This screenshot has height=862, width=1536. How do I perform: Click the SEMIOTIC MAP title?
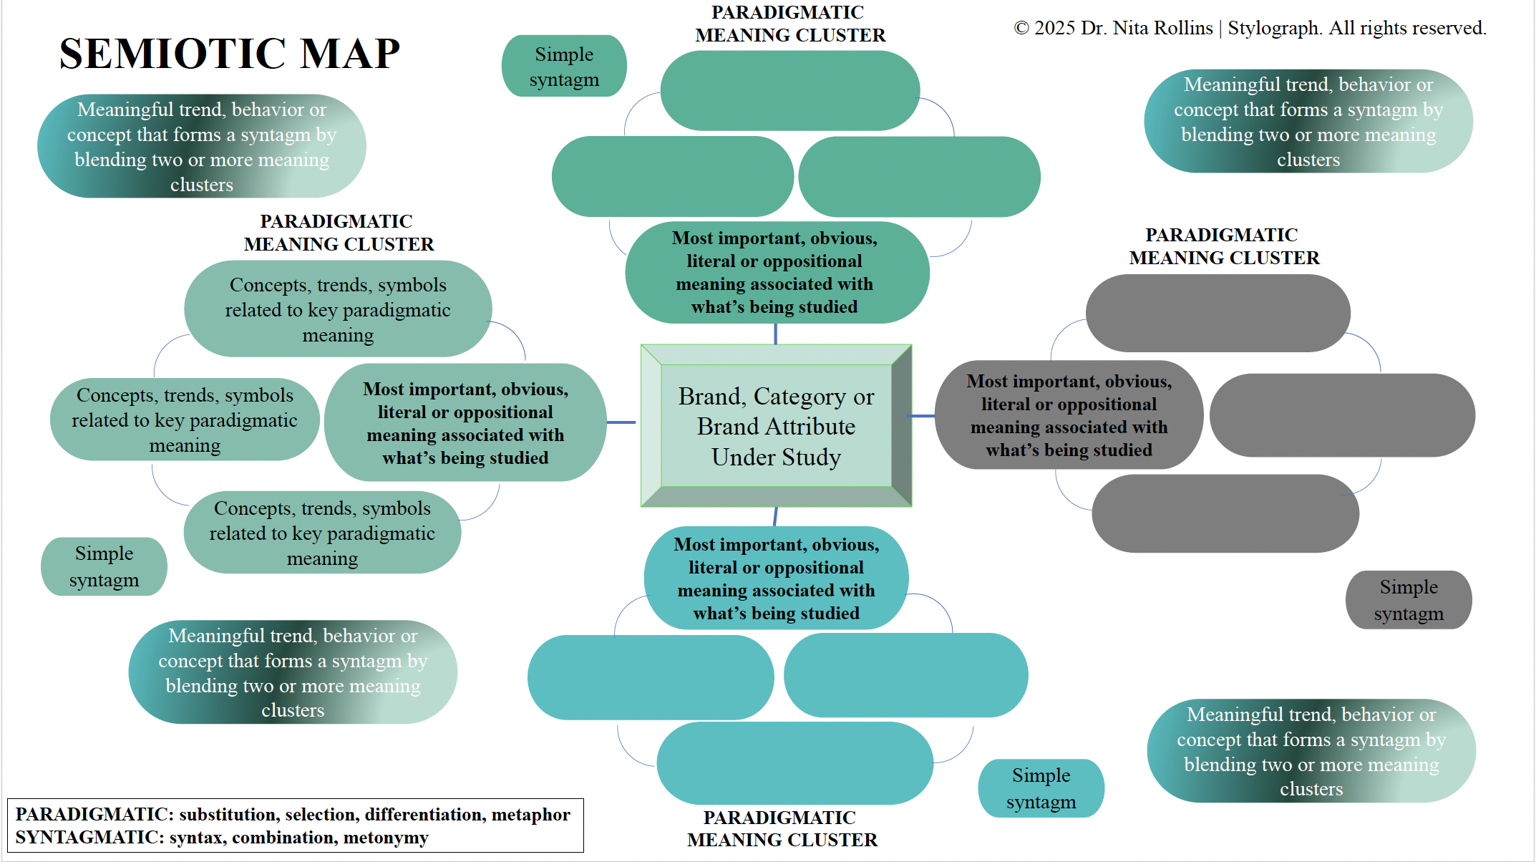click(229, 54)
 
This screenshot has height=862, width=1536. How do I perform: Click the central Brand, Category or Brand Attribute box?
click(776, 426)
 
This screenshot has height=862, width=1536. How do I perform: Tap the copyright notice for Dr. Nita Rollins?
click(1250, 28)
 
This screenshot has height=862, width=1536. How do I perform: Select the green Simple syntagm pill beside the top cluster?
click(564, 67)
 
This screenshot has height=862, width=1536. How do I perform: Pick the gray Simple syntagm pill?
click(1408, 600)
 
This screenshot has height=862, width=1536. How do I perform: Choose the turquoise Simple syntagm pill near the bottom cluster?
click(1041, 788)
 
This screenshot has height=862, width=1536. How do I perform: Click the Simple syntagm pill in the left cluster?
click(104, 566)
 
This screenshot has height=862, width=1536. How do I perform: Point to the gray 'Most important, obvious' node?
click(1069, 415)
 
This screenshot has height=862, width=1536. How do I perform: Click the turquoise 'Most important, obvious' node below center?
click(776, 578)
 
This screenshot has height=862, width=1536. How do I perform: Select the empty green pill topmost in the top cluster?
click(789, 91)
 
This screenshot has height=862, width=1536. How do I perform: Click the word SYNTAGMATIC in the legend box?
click(89, 838)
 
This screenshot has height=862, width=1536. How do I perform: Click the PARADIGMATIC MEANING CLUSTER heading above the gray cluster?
click(1223, 246)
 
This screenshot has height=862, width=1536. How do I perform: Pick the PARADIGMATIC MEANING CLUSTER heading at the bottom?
click(782, 828)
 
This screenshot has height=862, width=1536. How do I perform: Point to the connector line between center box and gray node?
click(922, 416)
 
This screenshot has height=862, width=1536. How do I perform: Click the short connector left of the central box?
click(621, 422)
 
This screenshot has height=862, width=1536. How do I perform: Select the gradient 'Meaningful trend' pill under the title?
click(201, 146)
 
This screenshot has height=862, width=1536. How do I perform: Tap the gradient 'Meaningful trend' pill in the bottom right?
click(1311, 751)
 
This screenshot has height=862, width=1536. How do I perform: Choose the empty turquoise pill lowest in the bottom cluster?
click(794, 763)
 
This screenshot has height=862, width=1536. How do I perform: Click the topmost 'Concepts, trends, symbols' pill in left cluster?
click(338, 309)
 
